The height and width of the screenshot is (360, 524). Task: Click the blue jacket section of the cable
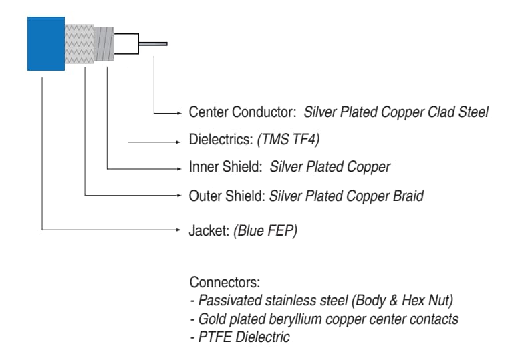pyautogui.click(x=45, y=43)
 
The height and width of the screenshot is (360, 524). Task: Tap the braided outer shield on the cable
pyautogui.click(x=79, y=43)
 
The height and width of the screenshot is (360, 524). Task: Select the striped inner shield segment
pyautogui.click(x=104, y=44)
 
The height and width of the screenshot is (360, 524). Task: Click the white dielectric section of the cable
pyautogui.click(x=127, y=44)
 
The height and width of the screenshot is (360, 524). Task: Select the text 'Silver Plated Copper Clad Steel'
pyautogui.click(x=396, y=112)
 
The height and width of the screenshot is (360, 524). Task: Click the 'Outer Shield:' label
pyautogui.click(x=227, y=196)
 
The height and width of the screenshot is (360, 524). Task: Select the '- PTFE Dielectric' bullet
pyautogui.click(x=240, y=337)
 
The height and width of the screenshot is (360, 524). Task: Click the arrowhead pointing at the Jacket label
pyautogui.click(x=180, y=230)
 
